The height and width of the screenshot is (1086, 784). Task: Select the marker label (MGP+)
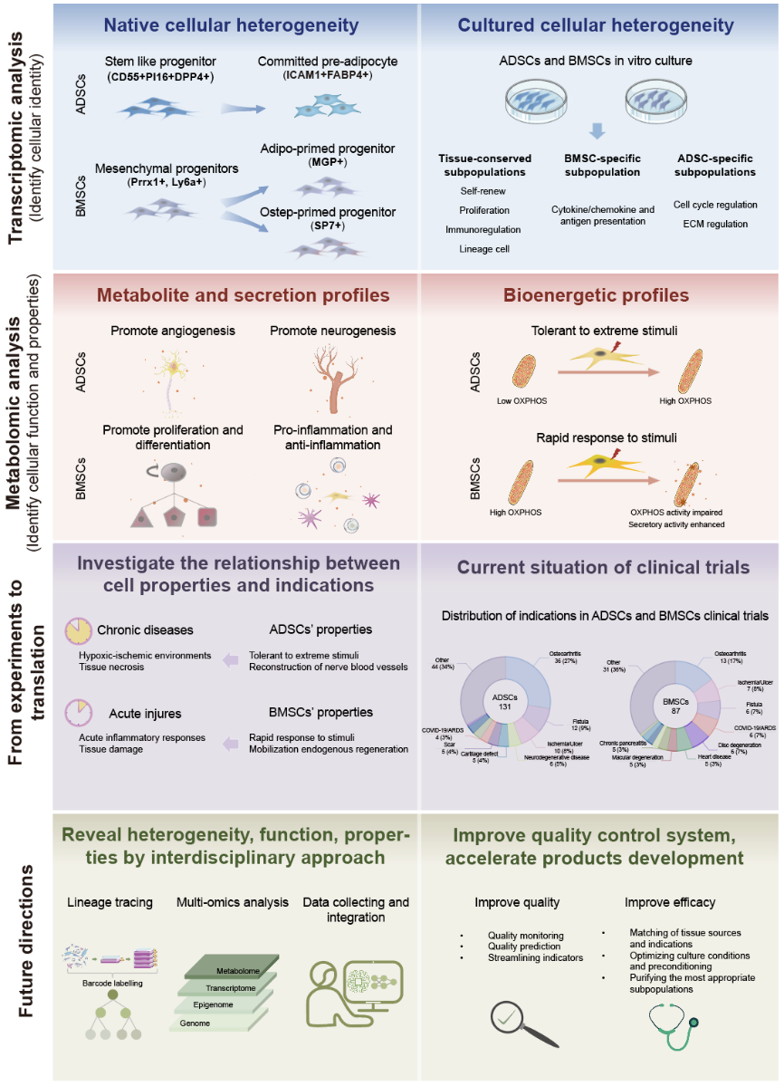328,160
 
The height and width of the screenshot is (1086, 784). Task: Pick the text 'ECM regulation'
715,224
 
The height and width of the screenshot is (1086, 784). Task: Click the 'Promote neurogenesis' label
332,331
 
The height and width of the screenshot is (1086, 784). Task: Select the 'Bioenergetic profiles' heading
598,295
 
